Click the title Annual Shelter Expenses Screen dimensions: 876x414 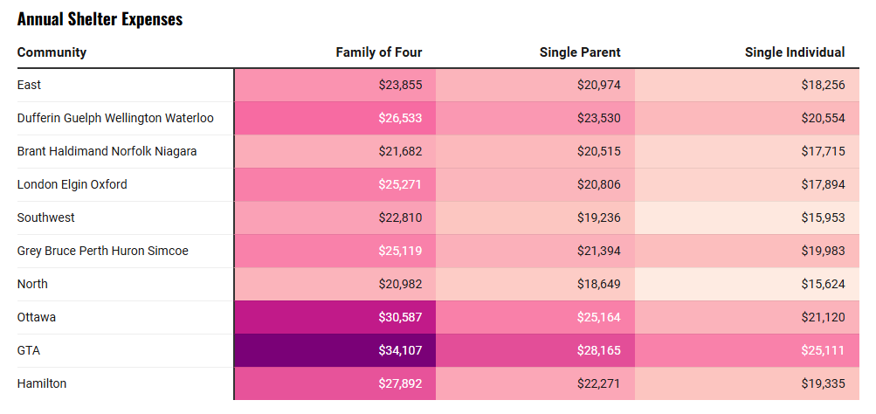pos(100,19)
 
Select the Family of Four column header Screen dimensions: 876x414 pos(379,52)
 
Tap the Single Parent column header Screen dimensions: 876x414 pos(580,52)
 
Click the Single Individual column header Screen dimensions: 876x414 pos(795,52)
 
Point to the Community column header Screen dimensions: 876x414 pos(52,52)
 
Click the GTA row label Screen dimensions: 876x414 pos(29,350)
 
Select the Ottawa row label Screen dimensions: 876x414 pos(37,317)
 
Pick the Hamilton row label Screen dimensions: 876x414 pos(42,383)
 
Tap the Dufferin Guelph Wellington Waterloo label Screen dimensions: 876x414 pos(115,119)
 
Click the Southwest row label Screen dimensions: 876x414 pos(45,217)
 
